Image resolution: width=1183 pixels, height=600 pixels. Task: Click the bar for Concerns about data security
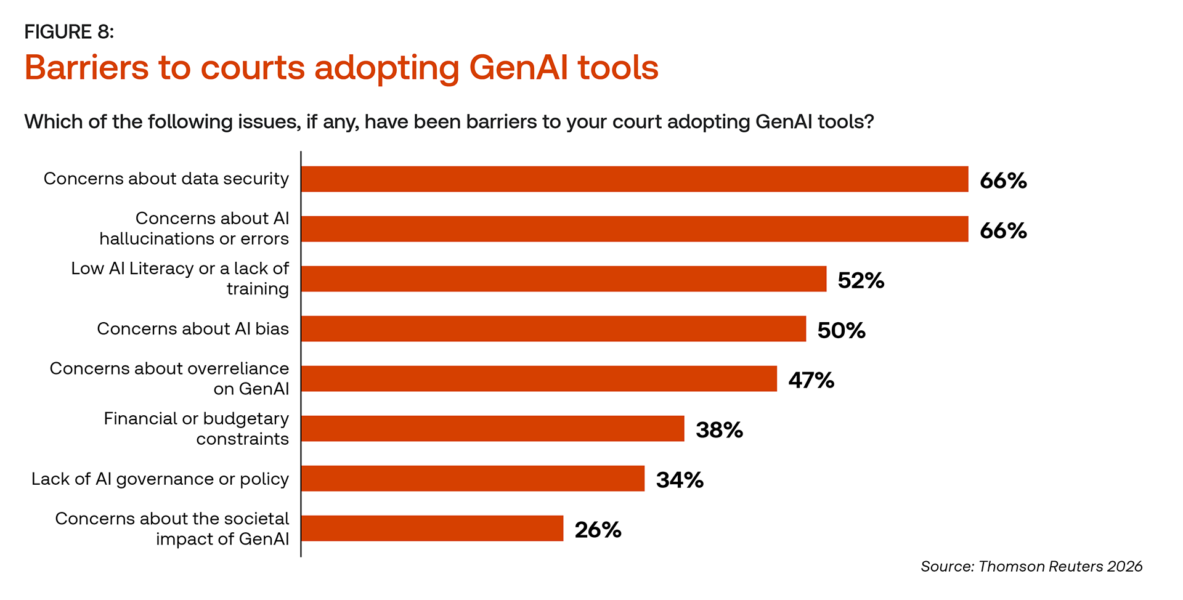[x=635, y=179]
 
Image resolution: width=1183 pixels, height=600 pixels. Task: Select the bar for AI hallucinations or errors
[x=635, y=229]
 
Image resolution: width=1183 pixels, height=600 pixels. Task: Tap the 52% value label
[x=861, y=281]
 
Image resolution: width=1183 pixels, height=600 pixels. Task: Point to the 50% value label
[x=841, y=331]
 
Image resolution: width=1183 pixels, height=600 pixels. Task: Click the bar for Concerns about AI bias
[x=553, y=329]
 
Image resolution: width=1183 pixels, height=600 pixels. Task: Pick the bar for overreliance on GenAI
[x=539, y=379]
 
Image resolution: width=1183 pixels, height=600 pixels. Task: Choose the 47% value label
[x=811, y=381]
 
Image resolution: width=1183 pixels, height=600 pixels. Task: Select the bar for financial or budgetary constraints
[x=493, y=429]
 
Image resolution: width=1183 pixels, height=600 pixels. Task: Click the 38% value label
[x=719, y=431]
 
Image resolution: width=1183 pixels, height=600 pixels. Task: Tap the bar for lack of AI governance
[x=473, y=479]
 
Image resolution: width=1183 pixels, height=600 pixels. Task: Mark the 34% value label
[x=680, y=480]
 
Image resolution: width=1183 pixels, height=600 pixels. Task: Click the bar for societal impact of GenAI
[x=432, y=529]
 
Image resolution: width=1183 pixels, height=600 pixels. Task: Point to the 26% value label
[x=598, y=530]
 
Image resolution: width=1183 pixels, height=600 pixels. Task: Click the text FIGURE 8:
[x=69, y=32]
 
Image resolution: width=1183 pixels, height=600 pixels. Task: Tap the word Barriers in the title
[x=86, y=68]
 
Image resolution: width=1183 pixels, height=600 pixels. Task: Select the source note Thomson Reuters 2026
[x=1060, y=567]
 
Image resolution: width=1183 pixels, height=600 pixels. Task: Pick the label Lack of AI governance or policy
[x=160, y=479]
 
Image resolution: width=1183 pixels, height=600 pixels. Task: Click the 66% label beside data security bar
[x=1003, y=181]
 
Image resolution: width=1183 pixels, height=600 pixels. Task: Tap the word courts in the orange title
[x=253, y=68]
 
